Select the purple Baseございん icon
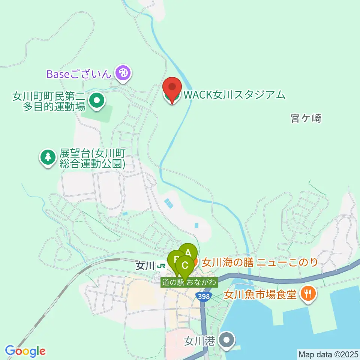[x=123, y=73]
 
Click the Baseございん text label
[x=79, y=73]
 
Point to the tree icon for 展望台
[x=48, y=157]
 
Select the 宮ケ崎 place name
[x=306, y=118]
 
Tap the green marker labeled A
[x=188, y=252]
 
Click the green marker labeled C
[x=185, y=265]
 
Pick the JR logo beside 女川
[x=162, y=266]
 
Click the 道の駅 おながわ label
[x=189, y=282]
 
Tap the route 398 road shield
[x=203, y=296]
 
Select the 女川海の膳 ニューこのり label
[x=260, y=262]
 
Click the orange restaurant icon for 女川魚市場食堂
[x=308, y=293]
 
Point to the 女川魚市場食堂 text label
[x=260, y=294]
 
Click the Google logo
[x=25, y=351]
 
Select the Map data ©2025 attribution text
[x=328, y=354]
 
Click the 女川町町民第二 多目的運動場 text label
[x=49, y=101]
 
